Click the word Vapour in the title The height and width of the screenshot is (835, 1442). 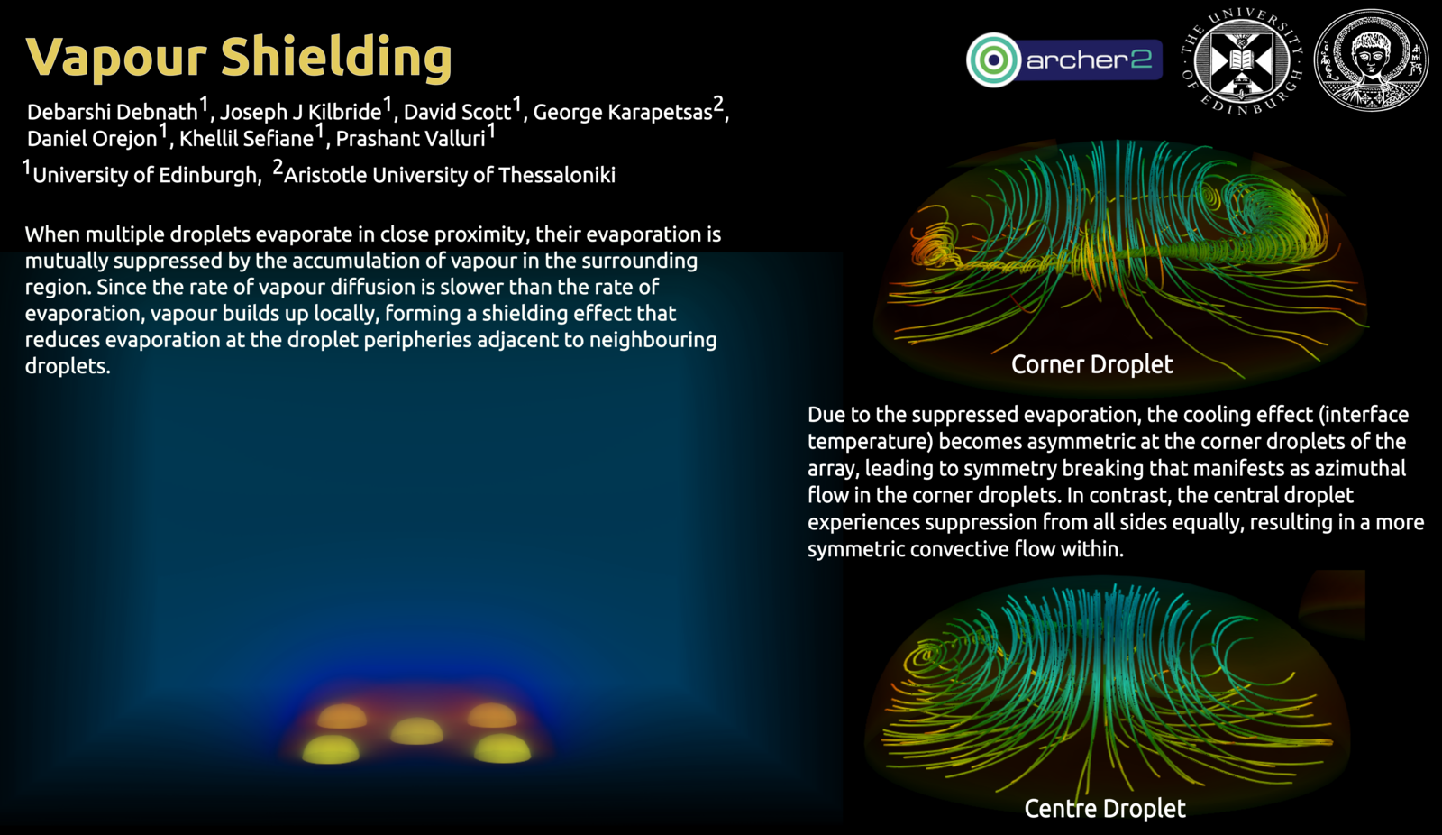[116, 58]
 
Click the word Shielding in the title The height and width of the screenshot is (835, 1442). [336, 58]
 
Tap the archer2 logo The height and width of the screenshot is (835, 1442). [1064, 60]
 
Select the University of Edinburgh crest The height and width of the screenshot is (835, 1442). [1242, 61]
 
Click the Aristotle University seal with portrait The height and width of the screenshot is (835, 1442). [1371, 60]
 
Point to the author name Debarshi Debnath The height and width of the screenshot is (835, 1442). [113, 112]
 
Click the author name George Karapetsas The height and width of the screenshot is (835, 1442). [623, 112]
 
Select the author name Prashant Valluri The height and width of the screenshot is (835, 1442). [411, 139]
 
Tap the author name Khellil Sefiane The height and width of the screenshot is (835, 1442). [247, 139]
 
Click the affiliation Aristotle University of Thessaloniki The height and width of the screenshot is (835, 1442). [450, 175]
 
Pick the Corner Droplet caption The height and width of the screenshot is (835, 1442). [1091, 364]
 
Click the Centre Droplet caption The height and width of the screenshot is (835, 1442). [1105, 808]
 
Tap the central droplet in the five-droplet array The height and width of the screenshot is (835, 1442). [416, 731]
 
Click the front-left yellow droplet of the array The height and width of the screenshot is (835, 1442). [331, 750]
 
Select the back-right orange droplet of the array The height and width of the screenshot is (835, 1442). [492, 716]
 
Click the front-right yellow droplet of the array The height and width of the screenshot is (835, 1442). [502, 748]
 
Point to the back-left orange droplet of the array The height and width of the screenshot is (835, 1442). [342, 717]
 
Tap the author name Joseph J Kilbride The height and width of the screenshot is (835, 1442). [301, 112]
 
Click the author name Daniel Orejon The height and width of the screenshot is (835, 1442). [92, 139]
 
